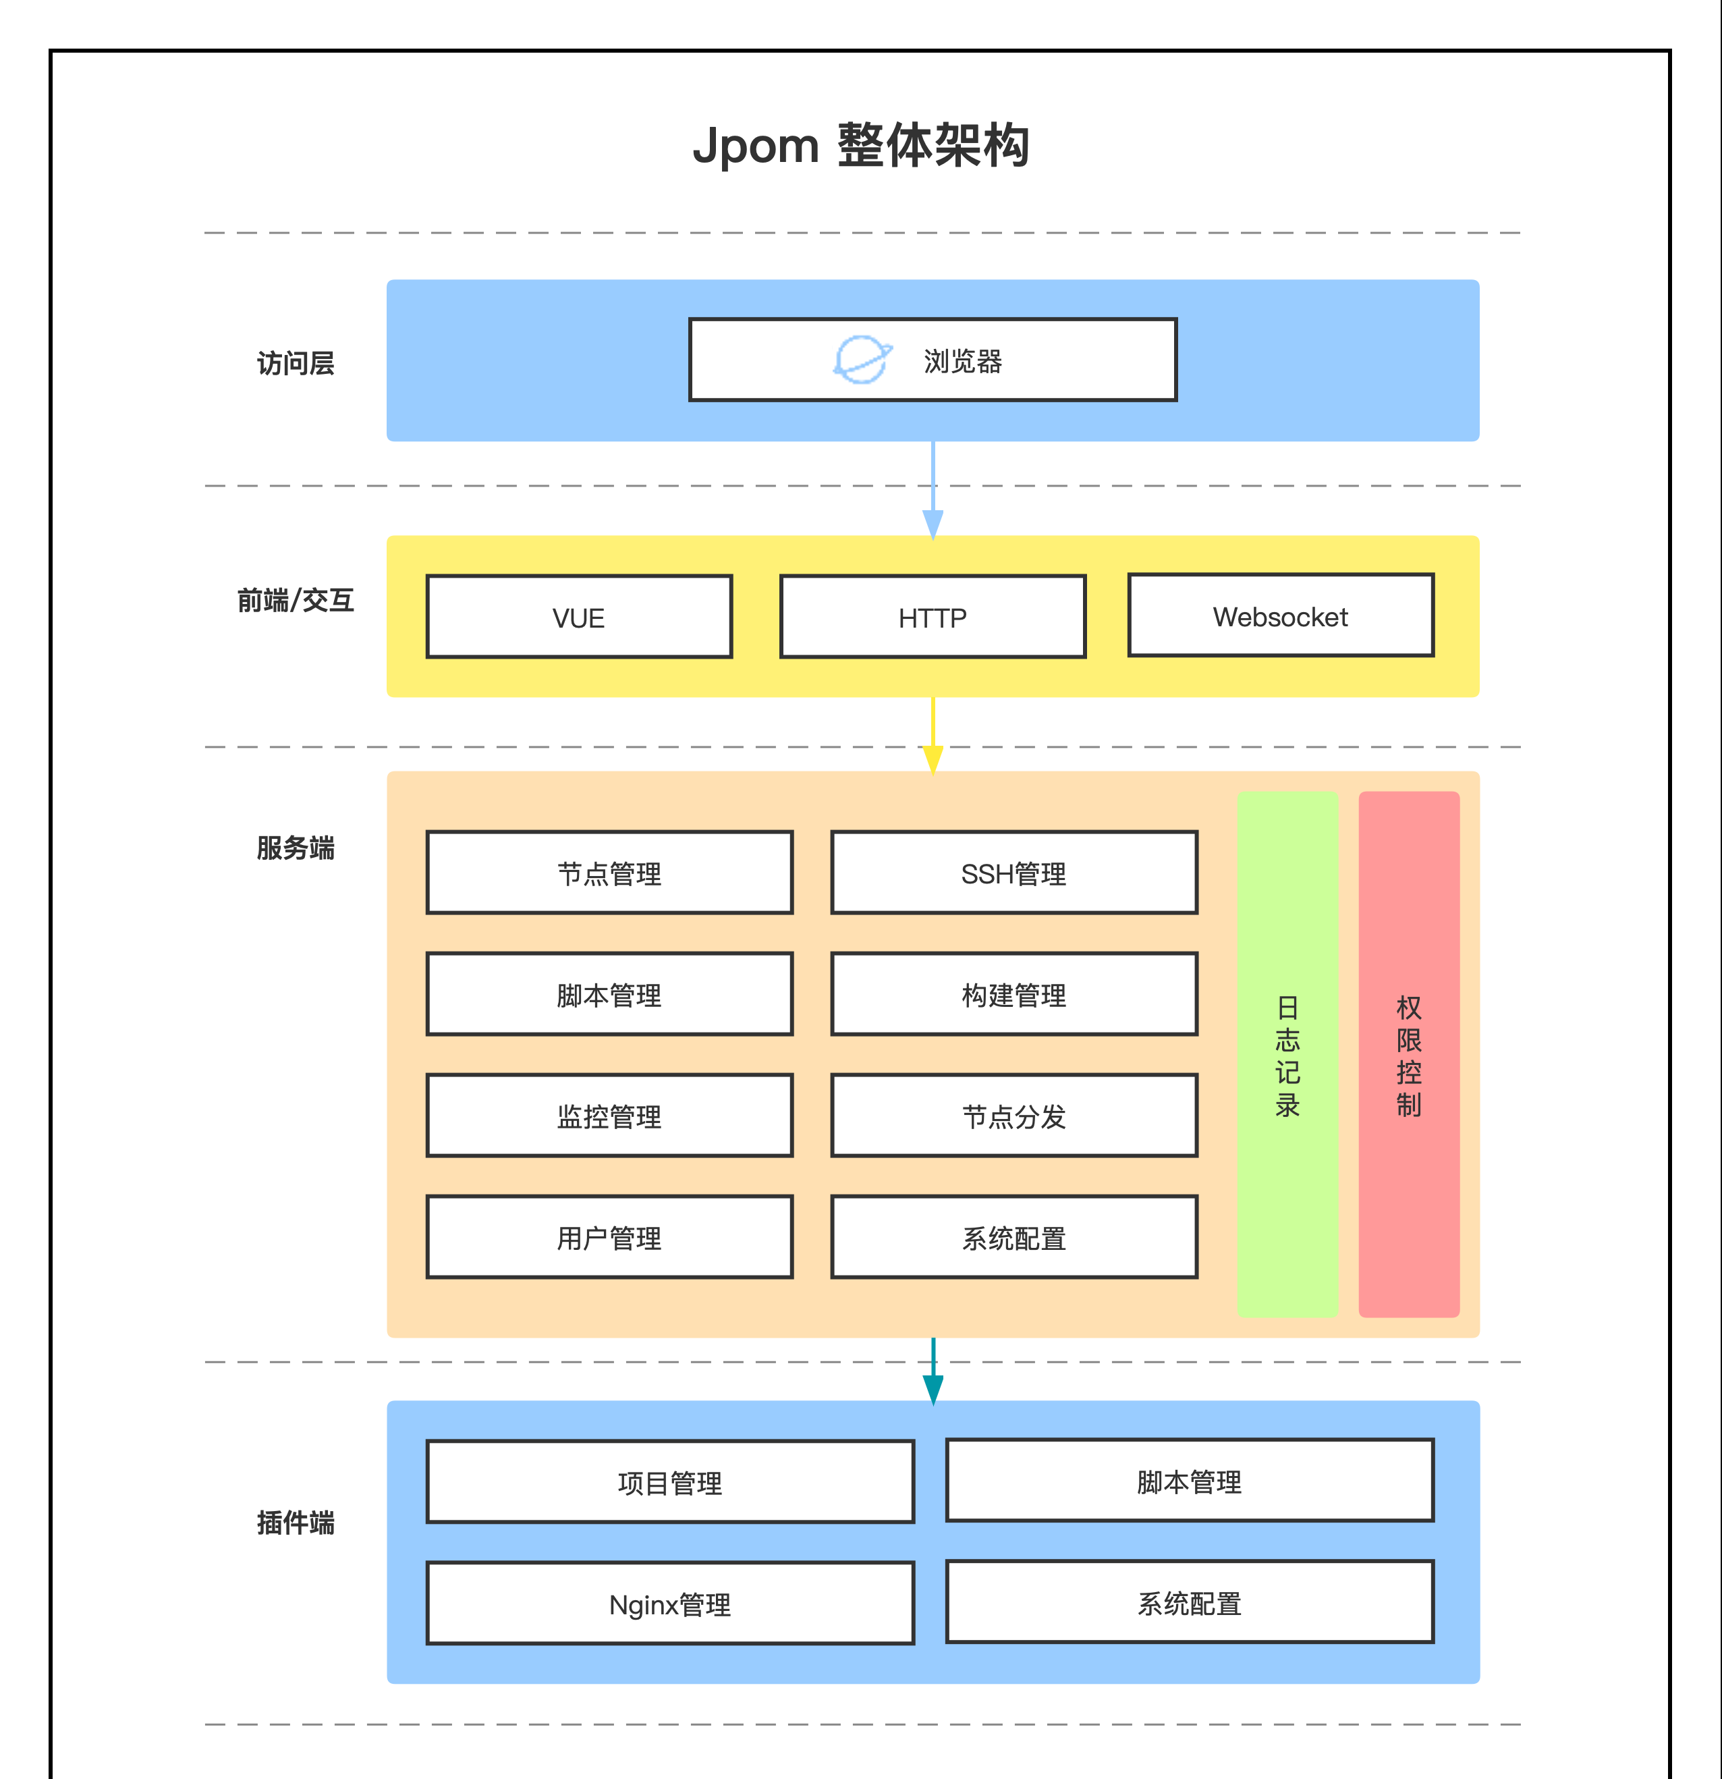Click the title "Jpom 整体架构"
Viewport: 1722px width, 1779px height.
pos(861,145)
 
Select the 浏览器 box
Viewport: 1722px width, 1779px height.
pos(933,360)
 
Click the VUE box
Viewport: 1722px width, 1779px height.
pos(579,616)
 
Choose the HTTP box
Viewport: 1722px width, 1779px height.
pos(933,616)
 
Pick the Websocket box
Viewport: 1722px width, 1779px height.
pos(1281,615)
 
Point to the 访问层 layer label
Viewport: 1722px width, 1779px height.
pos(296,363)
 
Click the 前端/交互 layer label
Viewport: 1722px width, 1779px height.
pos(296,600)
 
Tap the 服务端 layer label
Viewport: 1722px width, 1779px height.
pos(296,848)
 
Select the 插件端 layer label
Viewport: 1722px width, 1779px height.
pos(296,1522)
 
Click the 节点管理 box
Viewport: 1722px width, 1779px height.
pos(610,872)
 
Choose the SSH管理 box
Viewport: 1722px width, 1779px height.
pos(1014,872)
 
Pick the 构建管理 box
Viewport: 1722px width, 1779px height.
pos(1014,994)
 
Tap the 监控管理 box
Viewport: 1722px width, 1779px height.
pos(610,1116)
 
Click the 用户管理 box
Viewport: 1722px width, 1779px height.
pos(610,1237)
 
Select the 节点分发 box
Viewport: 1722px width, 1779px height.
pos(1014,1116)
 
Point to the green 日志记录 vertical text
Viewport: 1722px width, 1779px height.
pos(1287,1056)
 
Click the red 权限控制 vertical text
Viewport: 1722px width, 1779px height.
pos(1409,1056)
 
